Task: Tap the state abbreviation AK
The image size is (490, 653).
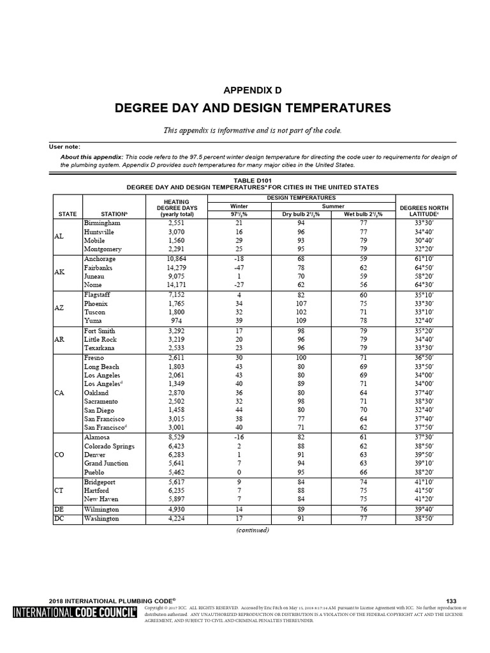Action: pos(59,272)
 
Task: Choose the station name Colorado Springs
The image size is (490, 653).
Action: pos(110,446)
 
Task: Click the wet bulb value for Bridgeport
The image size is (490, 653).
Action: pos(363,482)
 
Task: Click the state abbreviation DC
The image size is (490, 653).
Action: pos(59,519)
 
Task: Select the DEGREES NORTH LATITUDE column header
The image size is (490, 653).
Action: pos(424,211)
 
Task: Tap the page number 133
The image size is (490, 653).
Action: pos(451,601)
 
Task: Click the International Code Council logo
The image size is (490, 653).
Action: pos(75,613)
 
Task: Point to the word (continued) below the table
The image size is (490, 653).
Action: pos(253,530)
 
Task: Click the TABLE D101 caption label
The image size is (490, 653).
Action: pos(253,180)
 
